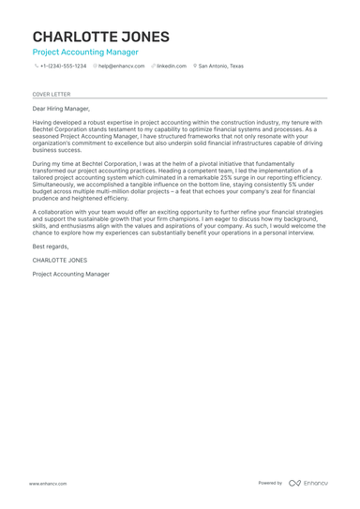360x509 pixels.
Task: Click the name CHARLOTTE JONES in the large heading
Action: pos(101,37)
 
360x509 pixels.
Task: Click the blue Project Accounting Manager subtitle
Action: pos(84,53)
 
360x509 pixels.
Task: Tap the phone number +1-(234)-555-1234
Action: pos(63,67)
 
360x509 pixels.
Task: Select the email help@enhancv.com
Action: pos(122,67)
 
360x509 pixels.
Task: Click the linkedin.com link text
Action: pos(172,67)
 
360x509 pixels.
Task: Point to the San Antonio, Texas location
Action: pos(221,67)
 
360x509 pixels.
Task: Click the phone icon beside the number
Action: pos(36,67)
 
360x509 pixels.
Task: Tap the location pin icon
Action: pos(195,67)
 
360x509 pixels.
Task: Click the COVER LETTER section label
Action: pos(52,95)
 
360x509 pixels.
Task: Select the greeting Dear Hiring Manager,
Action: pos(61,109)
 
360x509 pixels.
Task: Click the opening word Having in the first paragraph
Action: pos(43,122)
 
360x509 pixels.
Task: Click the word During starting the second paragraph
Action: pos(42,163)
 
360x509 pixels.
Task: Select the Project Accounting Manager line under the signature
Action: pos(70,275)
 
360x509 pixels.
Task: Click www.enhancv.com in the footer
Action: pos(47,484)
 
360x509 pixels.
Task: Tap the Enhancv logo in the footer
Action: pos(308,484)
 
